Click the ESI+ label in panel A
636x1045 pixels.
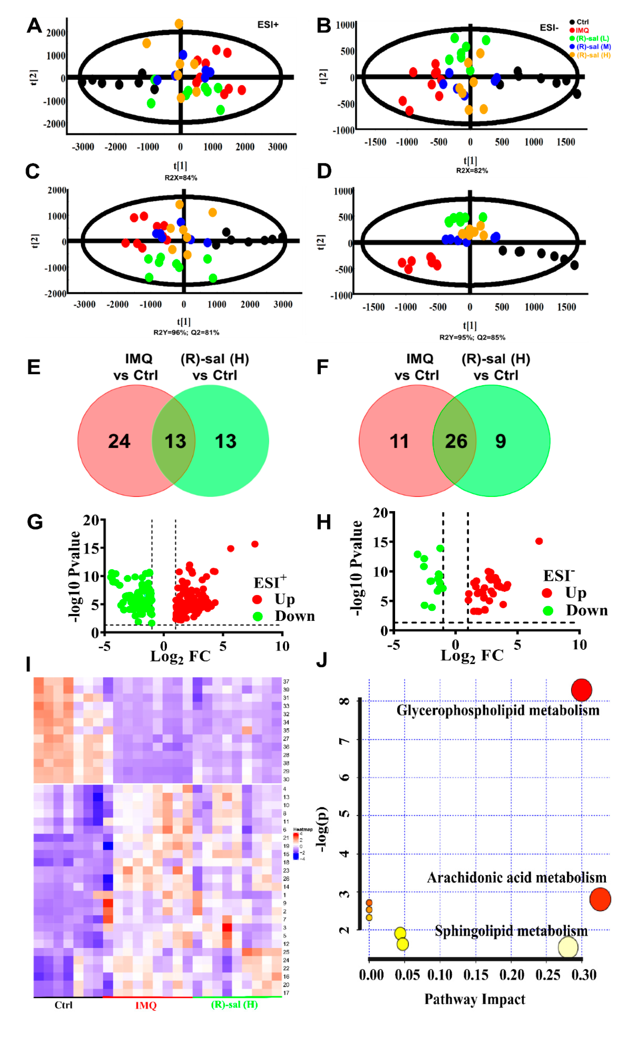(268, 25)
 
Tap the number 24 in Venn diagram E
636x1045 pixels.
(119, 441)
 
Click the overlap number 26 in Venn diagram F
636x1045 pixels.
(456, 441)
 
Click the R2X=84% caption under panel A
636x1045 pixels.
(181, 178)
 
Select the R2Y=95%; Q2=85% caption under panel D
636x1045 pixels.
(472, 338)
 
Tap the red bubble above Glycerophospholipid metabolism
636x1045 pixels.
(581, 690)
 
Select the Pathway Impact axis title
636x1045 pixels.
(475, 999)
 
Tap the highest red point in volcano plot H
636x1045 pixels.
(539, 541)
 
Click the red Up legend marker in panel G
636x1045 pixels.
(257, 599)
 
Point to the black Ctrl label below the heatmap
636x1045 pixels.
(64, 1005)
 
